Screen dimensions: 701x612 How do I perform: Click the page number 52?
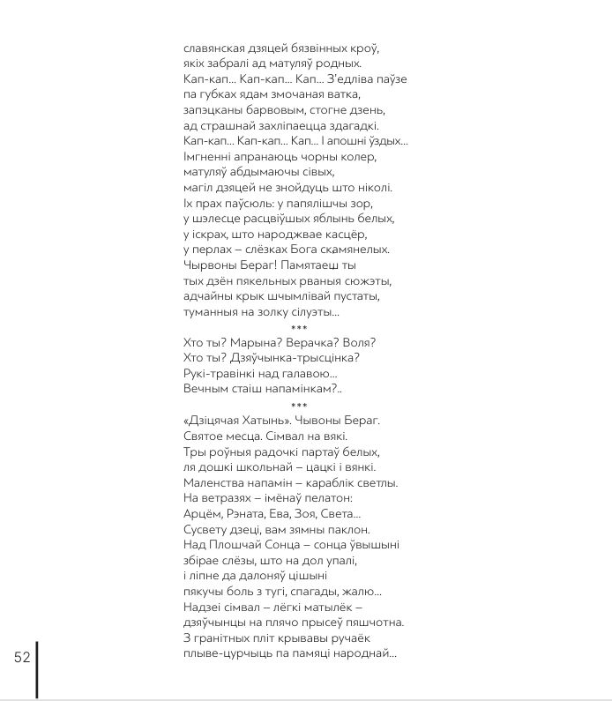[x=22, y=658]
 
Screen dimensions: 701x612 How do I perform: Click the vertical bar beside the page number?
[x=36, y=669]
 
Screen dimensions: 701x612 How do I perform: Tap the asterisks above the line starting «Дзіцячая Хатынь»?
[x=298, y=405]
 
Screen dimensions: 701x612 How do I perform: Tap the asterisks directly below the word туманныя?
[x=298, y=327]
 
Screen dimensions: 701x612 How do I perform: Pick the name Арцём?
[x=203, y=514]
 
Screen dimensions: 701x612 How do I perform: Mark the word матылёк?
[x=332, y=608]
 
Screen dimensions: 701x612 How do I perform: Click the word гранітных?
[x=228, y=638]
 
